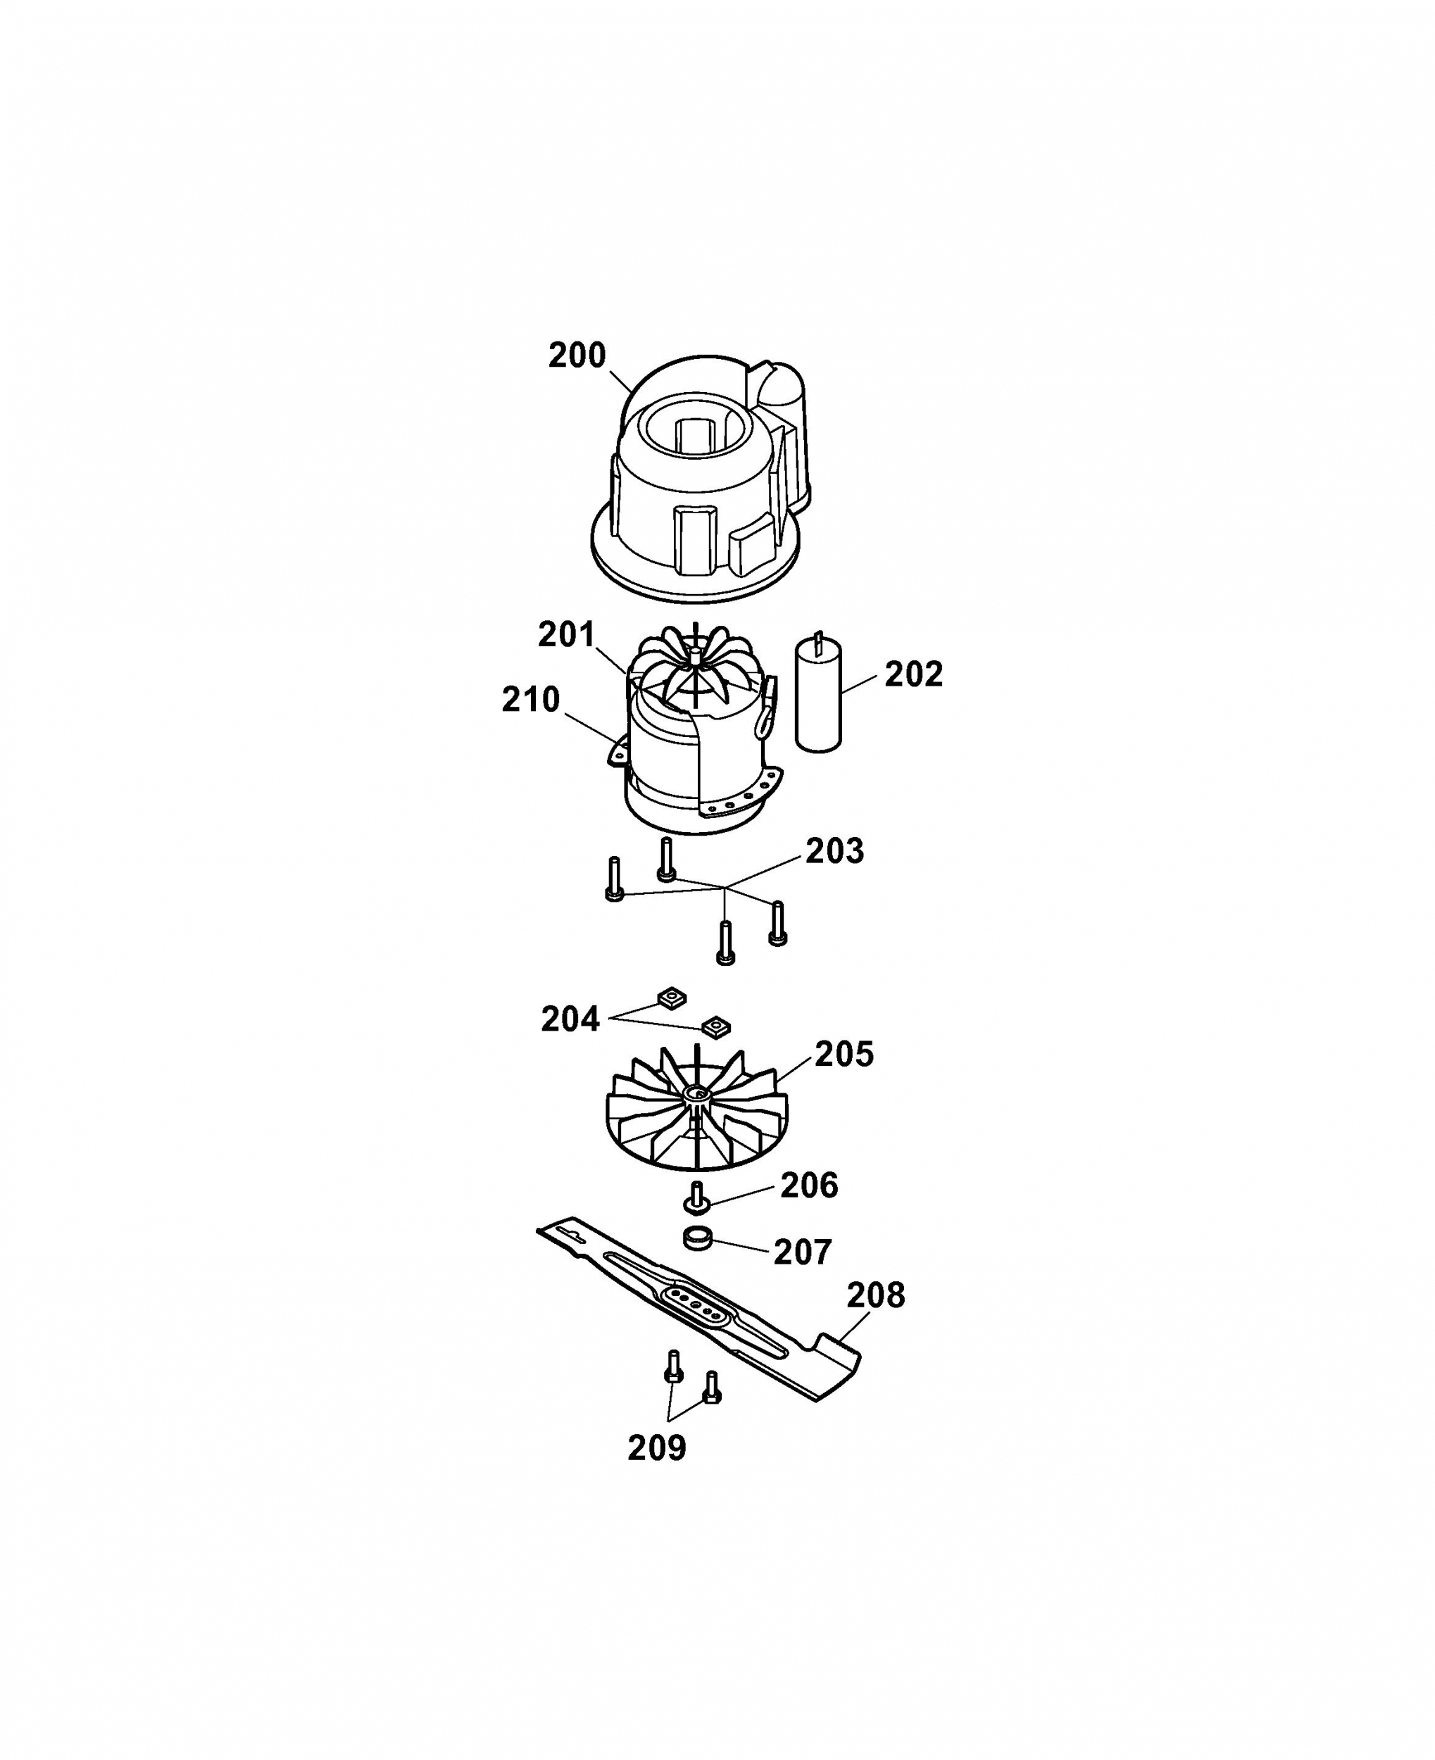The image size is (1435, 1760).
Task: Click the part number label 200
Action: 577,356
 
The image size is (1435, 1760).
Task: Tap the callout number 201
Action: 566,634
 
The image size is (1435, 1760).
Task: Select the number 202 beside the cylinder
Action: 913,674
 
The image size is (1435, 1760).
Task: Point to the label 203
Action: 835,851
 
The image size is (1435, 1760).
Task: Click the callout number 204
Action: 570,1019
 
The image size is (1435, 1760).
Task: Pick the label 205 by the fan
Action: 844,1055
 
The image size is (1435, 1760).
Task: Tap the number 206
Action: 809,1186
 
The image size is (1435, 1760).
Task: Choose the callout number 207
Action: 802,1252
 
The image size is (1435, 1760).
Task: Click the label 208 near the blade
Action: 875,1295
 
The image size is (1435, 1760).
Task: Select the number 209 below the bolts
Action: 656,1447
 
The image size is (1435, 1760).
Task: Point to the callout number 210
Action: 531,700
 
